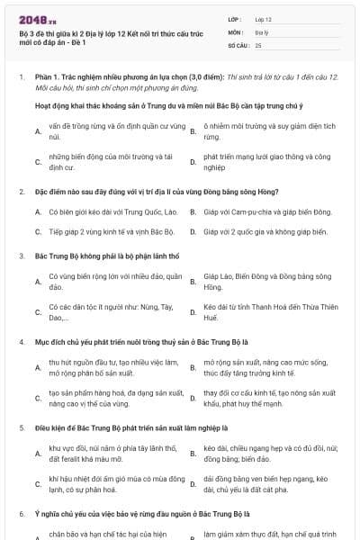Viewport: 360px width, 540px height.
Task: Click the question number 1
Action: (x=21, y=77)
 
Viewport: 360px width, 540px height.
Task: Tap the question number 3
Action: (x=21, y=256)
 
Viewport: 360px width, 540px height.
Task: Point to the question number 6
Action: (x=21, y=512)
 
